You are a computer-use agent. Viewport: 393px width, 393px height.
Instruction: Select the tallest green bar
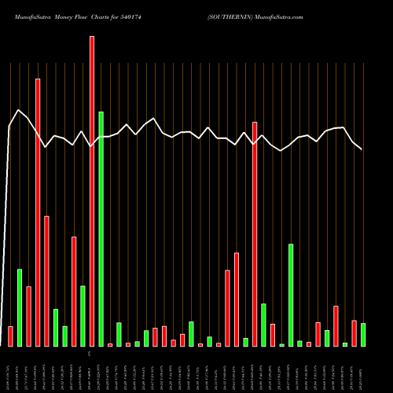click(101, 229)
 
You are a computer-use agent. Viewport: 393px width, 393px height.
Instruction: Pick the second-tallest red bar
click(38, 212)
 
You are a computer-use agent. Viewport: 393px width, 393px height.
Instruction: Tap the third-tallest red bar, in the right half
click(255, 234)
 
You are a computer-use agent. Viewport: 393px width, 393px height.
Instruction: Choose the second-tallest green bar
click(291, 295)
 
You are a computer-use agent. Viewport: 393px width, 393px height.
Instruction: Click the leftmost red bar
click(10, 336)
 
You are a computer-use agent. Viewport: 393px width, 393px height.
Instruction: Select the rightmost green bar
click(363, 335)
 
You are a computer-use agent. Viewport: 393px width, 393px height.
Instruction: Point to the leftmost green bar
click(20, 307)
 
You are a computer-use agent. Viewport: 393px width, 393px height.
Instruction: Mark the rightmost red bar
click(354, 333)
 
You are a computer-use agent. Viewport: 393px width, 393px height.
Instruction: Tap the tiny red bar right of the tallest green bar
click(110, 344)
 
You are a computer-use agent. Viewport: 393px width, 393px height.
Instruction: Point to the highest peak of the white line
click(19, 110)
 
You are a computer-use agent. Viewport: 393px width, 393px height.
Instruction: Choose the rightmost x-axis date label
click(363, 369)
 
